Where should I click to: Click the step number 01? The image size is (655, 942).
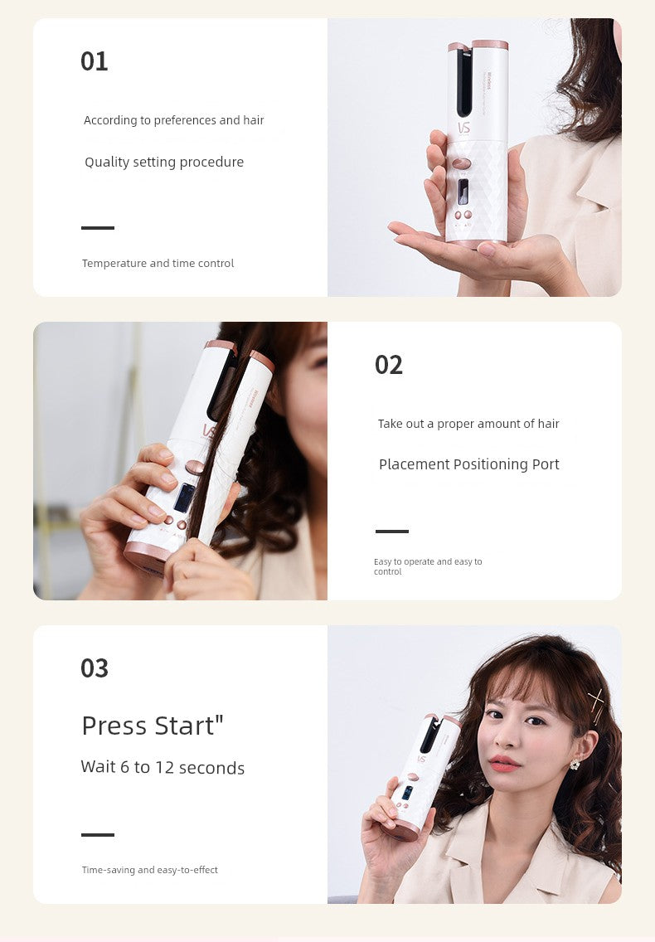[x=95, y=61]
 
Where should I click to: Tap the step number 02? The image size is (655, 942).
[x=389, y=365]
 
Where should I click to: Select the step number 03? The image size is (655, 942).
[x=95, y=668]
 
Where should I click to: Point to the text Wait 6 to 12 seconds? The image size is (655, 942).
[x=163, y=767]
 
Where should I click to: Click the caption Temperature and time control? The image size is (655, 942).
[x=158, y=263]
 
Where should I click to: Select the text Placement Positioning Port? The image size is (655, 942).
[x=468, y=464]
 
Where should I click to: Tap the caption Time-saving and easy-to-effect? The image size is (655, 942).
[x=149, y=869]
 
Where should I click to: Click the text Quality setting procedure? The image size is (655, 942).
[x=164, y=163]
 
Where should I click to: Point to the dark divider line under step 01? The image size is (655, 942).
[x=98, y=228]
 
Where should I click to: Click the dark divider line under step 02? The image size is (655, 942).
[x=392, y=531]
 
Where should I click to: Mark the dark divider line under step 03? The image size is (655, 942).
[x=98, y=834]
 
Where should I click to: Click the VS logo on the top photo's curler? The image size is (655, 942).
[x=464, y=128]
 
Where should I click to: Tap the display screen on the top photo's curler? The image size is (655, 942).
[x=463, y=192]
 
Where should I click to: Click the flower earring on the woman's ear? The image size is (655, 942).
[x=575, y=765]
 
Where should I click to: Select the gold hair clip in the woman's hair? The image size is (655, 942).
[x=596, y=706]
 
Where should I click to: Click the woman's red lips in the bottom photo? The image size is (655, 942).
[x=503, y=763]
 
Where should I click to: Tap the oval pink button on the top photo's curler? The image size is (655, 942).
[x=462, y=163]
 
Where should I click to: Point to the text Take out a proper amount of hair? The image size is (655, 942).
[x=468, y=424]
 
